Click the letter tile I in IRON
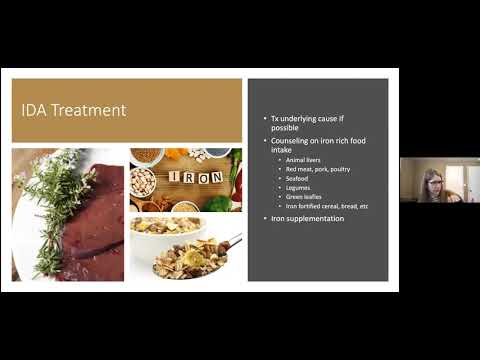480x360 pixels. click(173, 177)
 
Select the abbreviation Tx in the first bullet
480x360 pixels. click(275, 118)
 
